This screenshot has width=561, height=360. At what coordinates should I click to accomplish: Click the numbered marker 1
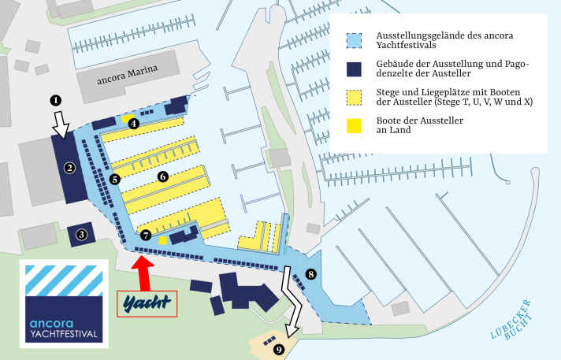pyautogui.click(x=55, y=100)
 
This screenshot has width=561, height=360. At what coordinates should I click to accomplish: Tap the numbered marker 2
pyautogui.click(x=69, y=167)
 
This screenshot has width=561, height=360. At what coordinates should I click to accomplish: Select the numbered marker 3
pyautogui.click(x=81, y=233)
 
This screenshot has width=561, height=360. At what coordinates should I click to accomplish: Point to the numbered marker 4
pyautogui.click(x=134, y=123)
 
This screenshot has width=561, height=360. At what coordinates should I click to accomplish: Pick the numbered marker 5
pyautogui.click(x=115, y=180)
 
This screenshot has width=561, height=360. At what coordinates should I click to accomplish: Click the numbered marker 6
pyautogui.click(x=162, y=176)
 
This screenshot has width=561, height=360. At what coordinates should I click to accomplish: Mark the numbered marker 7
pyautogui.click(x=146, y=235)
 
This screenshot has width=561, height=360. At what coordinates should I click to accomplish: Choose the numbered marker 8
pyautogui.click(x=310, y=274)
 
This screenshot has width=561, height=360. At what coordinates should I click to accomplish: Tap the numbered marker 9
pyautogui.click(x=278, y=350)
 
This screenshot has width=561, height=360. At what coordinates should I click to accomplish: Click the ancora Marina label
pyautogui.click(x=127, y=74)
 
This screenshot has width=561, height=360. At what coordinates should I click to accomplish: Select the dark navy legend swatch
pyautogui.click(x=355, y=69)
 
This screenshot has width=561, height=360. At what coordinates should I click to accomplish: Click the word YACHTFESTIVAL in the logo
pyautogui.click(x=65, y=334)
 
